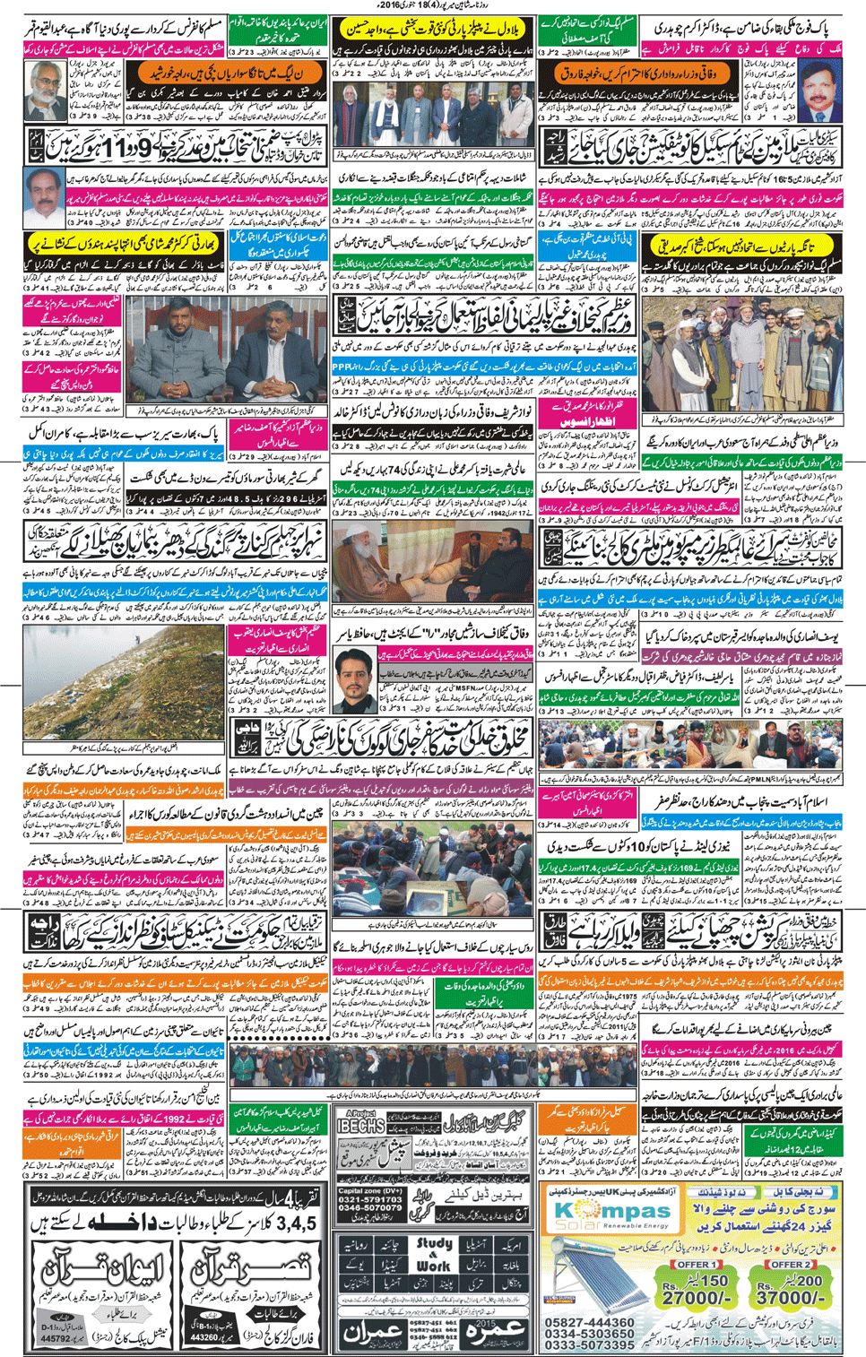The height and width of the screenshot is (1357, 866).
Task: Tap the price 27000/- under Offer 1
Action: coord(696,1297)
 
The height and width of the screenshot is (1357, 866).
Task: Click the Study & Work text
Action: coord(434,1255)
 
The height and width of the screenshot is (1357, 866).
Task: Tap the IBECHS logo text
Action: coord(361,1127)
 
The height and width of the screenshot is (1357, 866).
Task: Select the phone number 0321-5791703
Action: coord(369,1199)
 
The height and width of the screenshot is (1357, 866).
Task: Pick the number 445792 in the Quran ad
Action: coord(56,1338)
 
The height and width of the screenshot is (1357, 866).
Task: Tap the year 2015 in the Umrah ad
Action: coord(485,1323)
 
